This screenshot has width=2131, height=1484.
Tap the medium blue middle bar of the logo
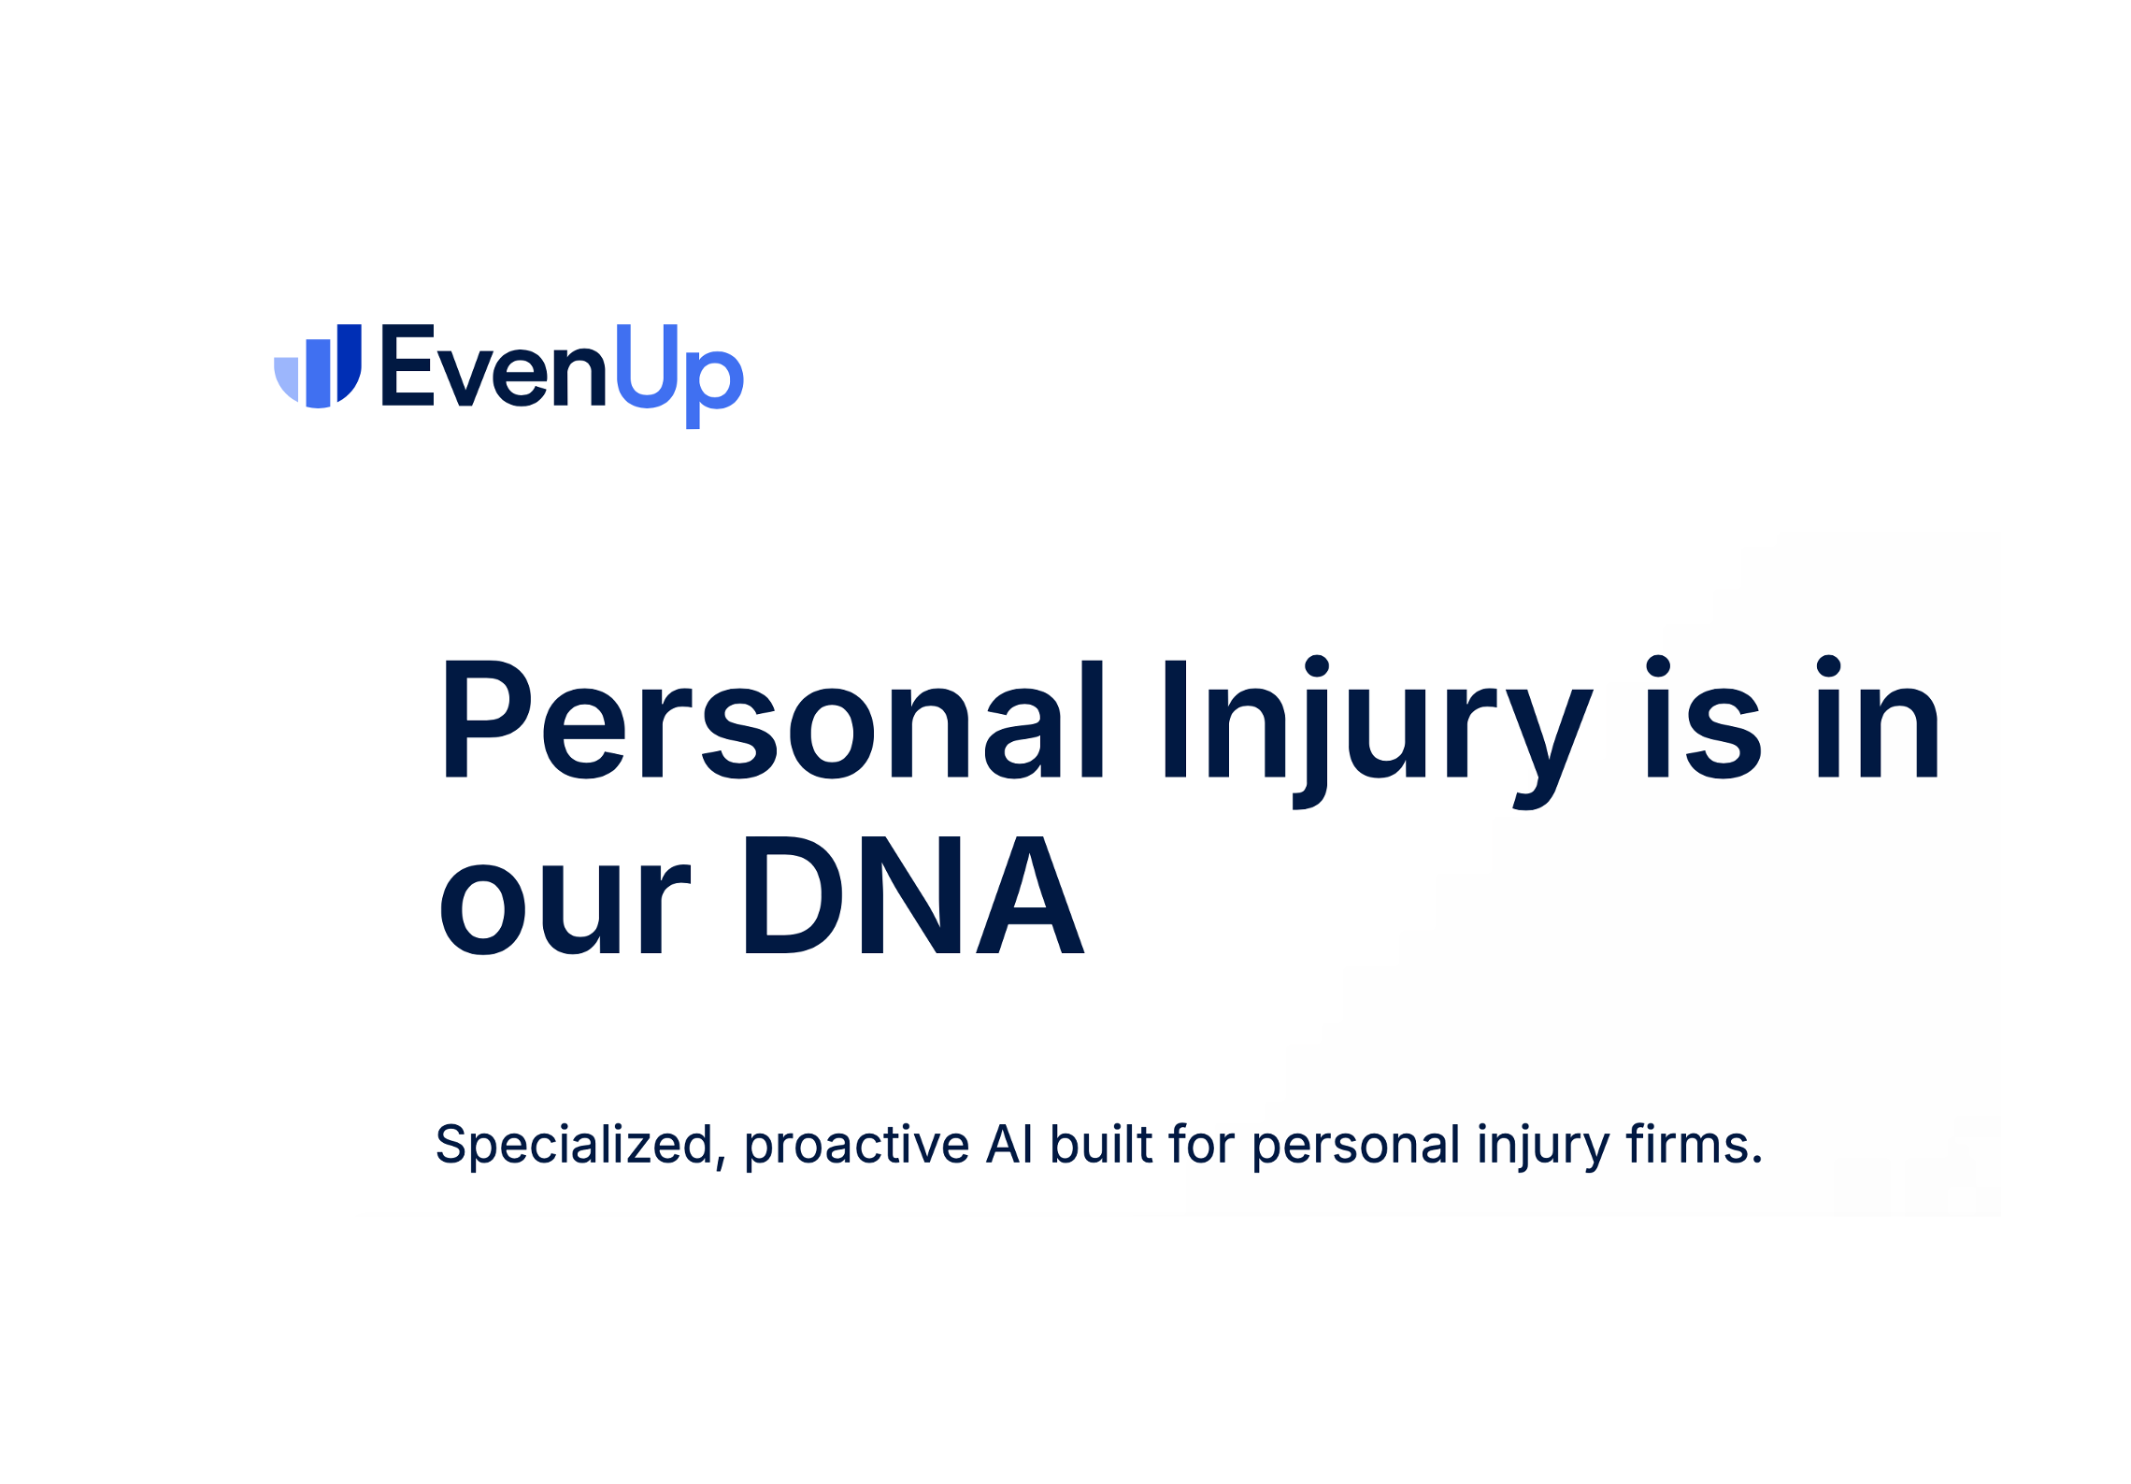319,374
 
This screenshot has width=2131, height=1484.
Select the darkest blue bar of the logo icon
350,362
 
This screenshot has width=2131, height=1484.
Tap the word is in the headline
1704,717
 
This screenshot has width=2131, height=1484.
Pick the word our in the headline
565,908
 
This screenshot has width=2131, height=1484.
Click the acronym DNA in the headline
914,895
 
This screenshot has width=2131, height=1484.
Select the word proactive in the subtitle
857,1146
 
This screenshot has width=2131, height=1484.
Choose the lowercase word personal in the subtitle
1356,1146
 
